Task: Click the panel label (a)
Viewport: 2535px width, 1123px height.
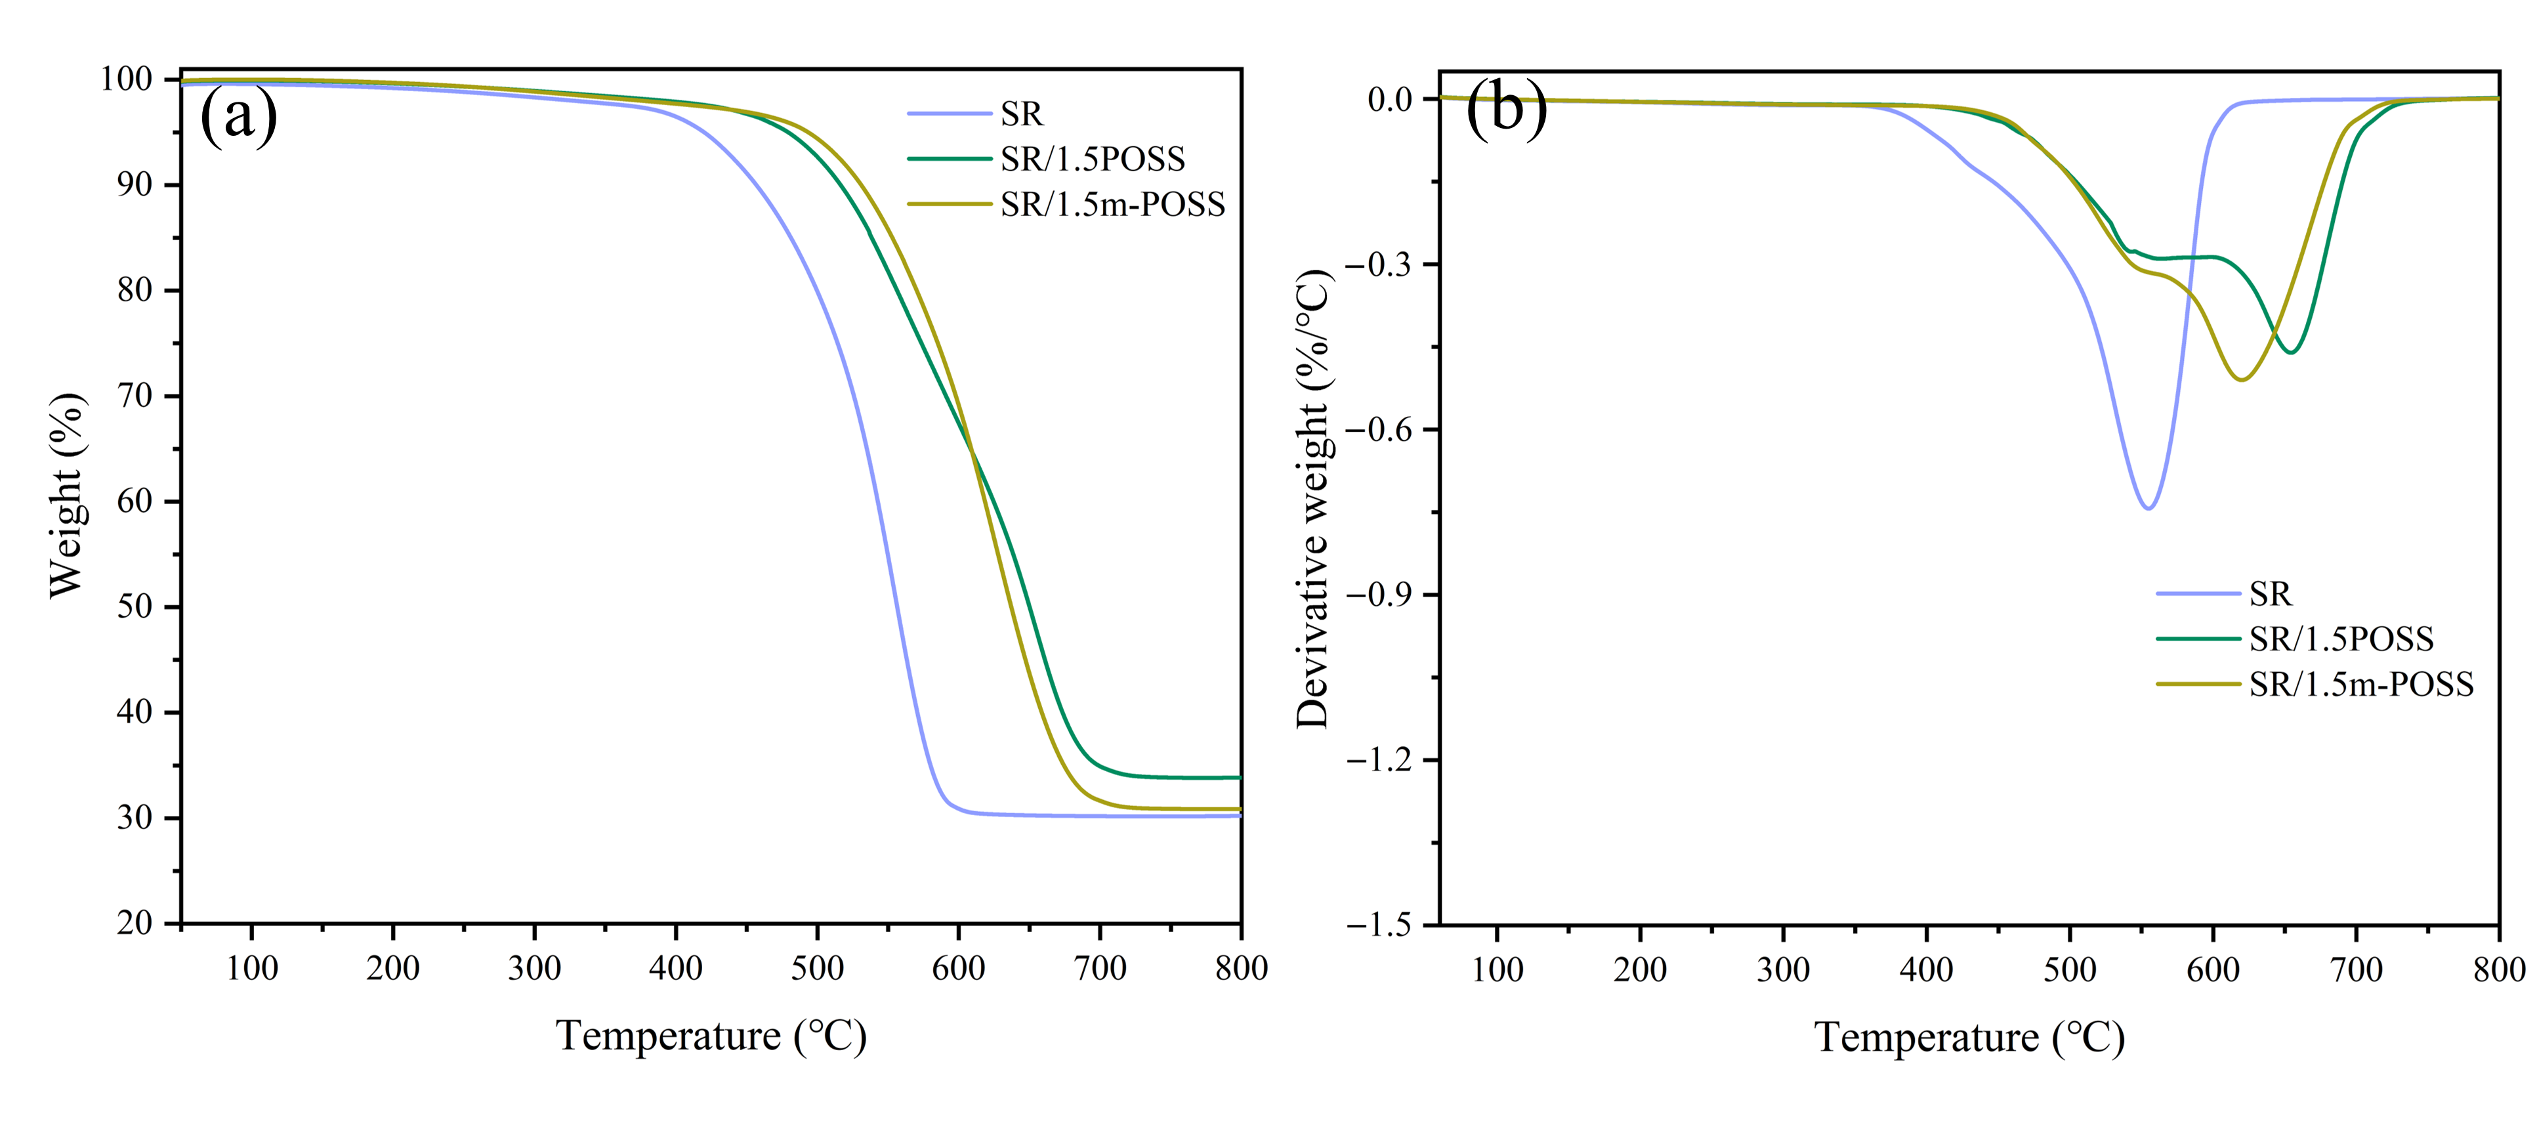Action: coord(238,116)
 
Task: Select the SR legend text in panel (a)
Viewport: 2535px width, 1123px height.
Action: coord(1022,114)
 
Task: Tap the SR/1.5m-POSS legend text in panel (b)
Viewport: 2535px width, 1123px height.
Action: coord(2361,684)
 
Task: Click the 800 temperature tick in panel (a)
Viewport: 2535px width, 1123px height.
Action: coord(1241,969)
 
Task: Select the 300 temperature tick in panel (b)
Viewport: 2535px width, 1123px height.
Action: coord(1783,971)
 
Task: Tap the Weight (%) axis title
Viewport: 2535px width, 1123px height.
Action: coord(67,495)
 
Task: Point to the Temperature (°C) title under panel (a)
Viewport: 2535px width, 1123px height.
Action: coord(711,1036)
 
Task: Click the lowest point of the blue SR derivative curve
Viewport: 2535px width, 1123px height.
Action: coord(2148,508)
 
